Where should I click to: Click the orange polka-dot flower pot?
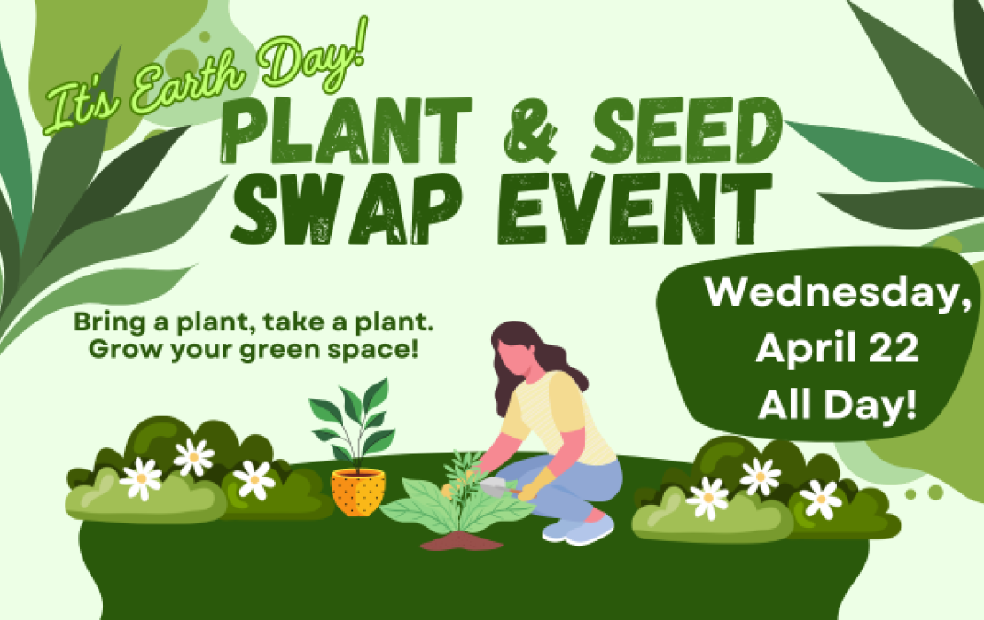(358, 492)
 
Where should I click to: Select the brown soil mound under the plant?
(461, 540)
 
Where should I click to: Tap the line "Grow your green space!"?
(252, 348)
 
